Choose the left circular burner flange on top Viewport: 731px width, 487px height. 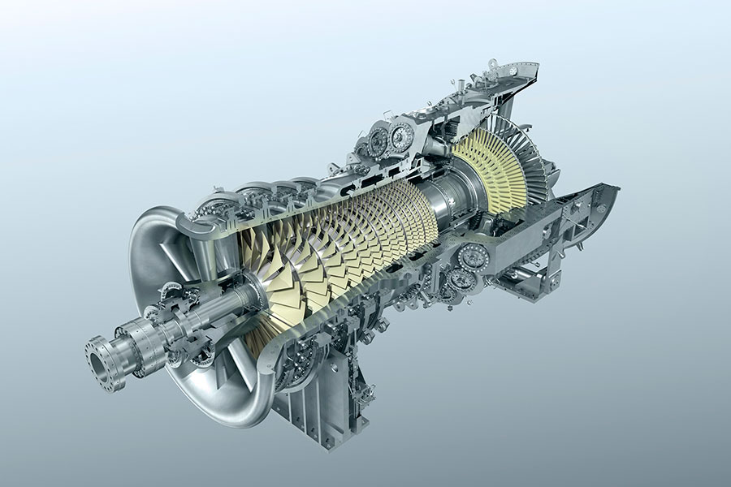[378, 142]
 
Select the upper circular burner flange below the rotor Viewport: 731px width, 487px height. [474, 258]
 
